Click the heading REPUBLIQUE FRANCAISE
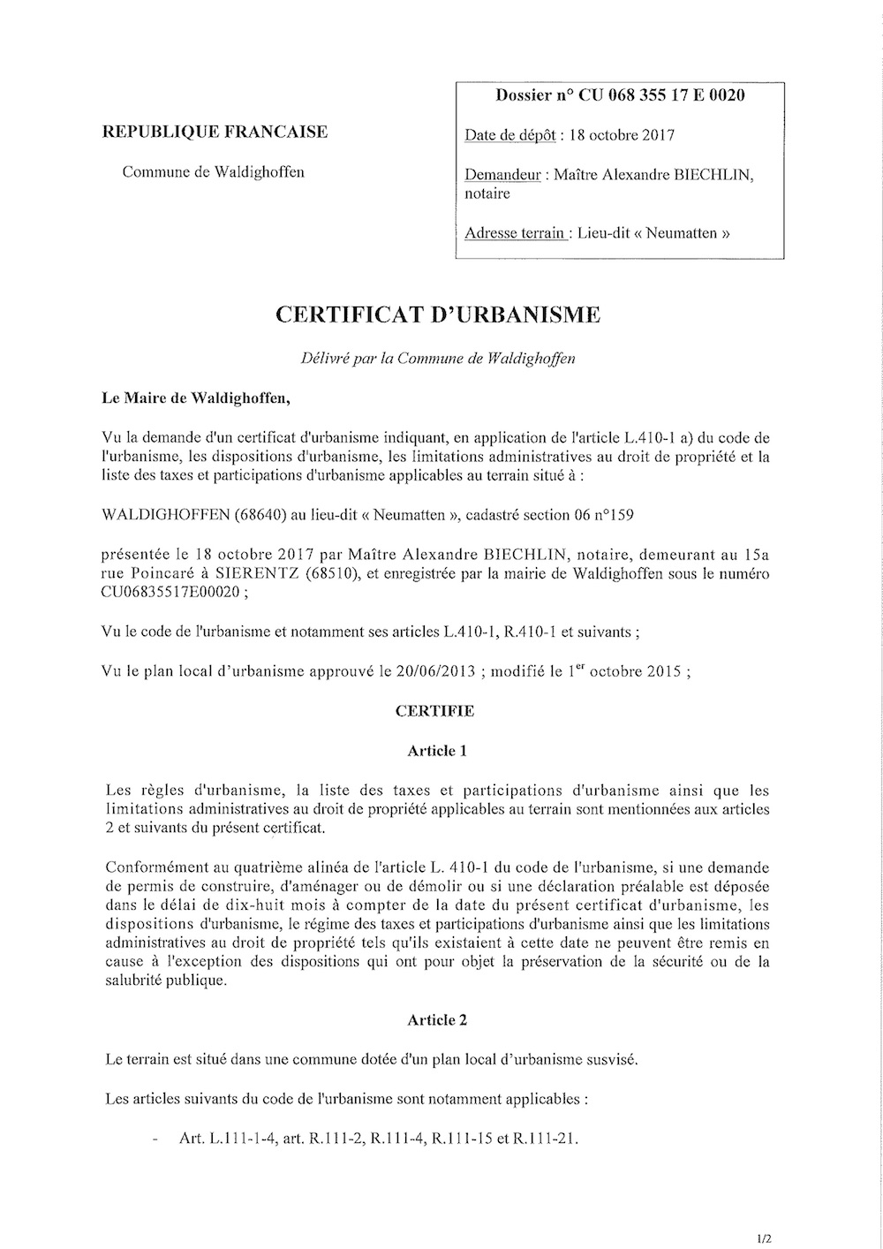215,132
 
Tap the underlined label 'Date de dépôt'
510,136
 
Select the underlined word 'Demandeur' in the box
502,175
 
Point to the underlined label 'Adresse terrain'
516,234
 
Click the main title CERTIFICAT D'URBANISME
439,314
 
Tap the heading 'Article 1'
437,751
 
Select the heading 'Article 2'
437,1020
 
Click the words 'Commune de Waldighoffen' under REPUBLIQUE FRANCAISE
213,172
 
